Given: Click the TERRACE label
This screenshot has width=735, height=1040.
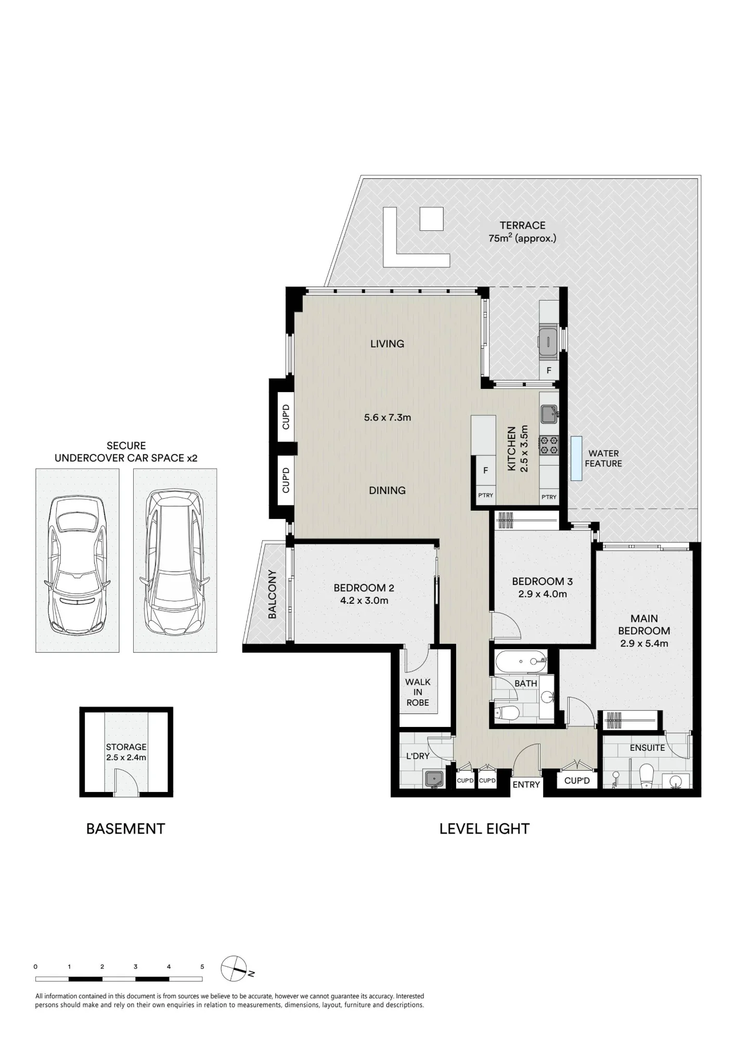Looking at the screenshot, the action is [522, 225].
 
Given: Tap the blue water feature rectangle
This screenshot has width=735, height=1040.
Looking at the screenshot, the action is [576, 458].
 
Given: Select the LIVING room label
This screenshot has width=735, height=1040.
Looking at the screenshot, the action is [387, 344].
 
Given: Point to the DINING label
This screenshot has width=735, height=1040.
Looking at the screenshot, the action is [387, 490].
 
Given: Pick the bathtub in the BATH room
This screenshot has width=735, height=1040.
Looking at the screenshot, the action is [520, 661].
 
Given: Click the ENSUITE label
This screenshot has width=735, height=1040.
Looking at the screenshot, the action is [647, 748].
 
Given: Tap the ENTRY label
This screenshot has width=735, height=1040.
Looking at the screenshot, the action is [526, 785].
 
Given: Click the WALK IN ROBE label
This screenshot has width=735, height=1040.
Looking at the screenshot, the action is [418, 692].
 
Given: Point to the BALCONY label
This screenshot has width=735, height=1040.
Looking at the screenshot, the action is [272, 594].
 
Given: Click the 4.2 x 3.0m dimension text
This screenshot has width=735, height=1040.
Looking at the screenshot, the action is [364, 601].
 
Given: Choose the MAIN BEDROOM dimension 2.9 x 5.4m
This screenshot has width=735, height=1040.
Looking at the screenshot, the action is [644, 643].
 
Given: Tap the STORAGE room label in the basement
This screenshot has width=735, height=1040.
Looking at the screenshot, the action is [126, 747].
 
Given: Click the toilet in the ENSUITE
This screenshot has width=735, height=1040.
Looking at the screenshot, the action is [646, 776].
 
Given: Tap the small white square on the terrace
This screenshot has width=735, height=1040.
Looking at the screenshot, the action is [432, 218].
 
